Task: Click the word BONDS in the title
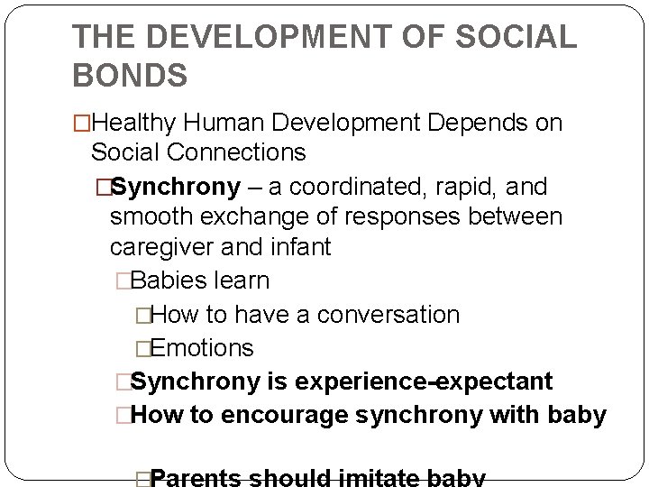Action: [x=130, y=74]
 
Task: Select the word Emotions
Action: [x=202, y=347]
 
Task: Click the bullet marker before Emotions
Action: [x=142, y=347]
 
